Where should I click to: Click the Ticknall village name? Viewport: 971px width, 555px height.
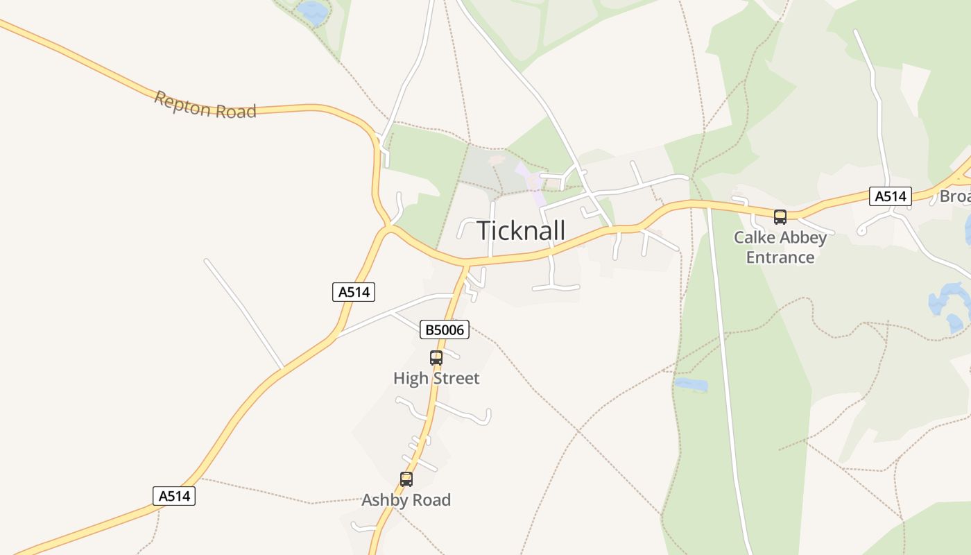point(521,230)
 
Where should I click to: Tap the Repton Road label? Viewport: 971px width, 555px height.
point(205,105)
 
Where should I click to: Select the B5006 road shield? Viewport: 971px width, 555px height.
point(445,330)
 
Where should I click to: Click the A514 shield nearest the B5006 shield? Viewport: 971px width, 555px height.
point(354,292)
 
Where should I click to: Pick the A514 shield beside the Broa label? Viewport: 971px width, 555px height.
point(891,196)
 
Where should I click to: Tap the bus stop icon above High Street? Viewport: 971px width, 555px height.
point(436,358)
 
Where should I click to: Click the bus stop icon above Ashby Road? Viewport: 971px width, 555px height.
point(406,479)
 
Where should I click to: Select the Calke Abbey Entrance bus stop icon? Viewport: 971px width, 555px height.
point(780,217)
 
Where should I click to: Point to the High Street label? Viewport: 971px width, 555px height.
point(436,379)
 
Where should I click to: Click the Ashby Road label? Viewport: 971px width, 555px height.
point(406,500)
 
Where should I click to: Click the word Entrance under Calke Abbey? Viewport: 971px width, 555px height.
point(780,257)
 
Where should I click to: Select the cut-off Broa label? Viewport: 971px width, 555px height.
point(955,196)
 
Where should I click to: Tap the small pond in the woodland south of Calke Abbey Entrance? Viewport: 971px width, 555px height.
point(691,384)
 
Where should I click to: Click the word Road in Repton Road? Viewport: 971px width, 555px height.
point(235,110)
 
